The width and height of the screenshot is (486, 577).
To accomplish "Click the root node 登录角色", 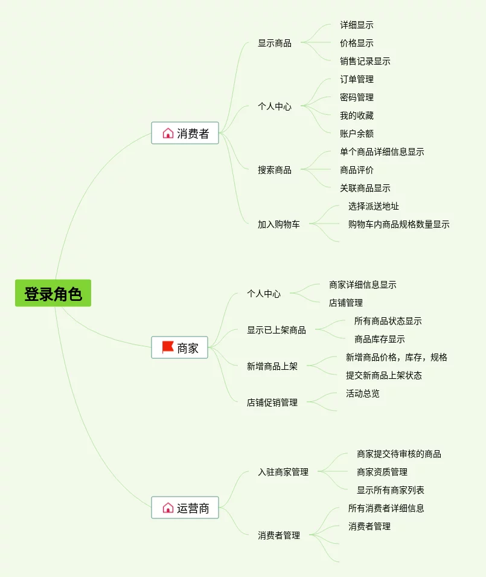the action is pyautogui.click(x=53, y=294).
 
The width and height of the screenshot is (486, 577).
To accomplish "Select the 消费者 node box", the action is pyautogui.click(x=185, y=134).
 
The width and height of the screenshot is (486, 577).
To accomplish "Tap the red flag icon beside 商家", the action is pyautogui.click(x=168, y=347).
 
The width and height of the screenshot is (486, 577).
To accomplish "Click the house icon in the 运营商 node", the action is pyautogui.click(x=168, y=508).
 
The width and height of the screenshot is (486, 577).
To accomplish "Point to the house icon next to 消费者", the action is pyautogui.click(x=168, y=133).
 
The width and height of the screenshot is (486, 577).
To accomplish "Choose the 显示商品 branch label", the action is pyautogui.click(x=275, y=43).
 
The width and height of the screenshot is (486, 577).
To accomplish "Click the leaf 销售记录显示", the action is pyautogui.click(x=365, y=61).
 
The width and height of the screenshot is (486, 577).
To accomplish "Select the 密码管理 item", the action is pyautogui.click(x=356, y=97).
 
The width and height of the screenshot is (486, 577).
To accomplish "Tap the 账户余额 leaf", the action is pyautogui.click(x=356, y=134).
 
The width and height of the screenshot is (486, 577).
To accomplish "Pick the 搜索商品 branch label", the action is pyautogui.click(x=275, y=170).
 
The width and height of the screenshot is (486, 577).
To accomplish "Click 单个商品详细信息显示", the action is pyautogui.click(x=382, y=152).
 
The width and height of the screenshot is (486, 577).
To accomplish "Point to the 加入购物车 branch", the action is pyautogui.click(x=278, y=224).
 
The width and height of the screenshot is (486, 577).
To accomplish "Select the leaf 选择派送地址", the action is pyautogui.click(x=373, y=206).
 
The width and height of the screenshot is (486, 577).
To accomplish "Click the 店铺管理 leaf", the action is pyautogui.click(x=345, y=303).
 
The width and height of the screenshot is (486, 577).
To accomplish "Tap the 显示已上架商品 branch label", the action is pyautogui.click(x=276, y=330).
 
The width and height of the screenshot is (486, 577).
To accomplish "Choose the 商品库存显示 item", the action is pyautogui.click(x=379, y=339).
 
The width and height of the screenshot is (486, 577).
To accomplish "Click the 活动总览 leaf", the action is pyautogui.click(x=362, y=393).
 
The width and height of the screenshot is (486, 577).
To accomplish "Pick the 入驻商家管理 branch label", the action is pyautogui.click(x=283, y=472).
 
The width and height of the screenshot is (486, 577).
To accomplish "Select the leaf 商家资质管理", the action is pyautogui.click(x=382, y=472).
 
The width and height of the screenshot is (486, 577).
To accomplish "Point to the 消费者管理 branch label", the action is pyautogui.click(x=279, y=535).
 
